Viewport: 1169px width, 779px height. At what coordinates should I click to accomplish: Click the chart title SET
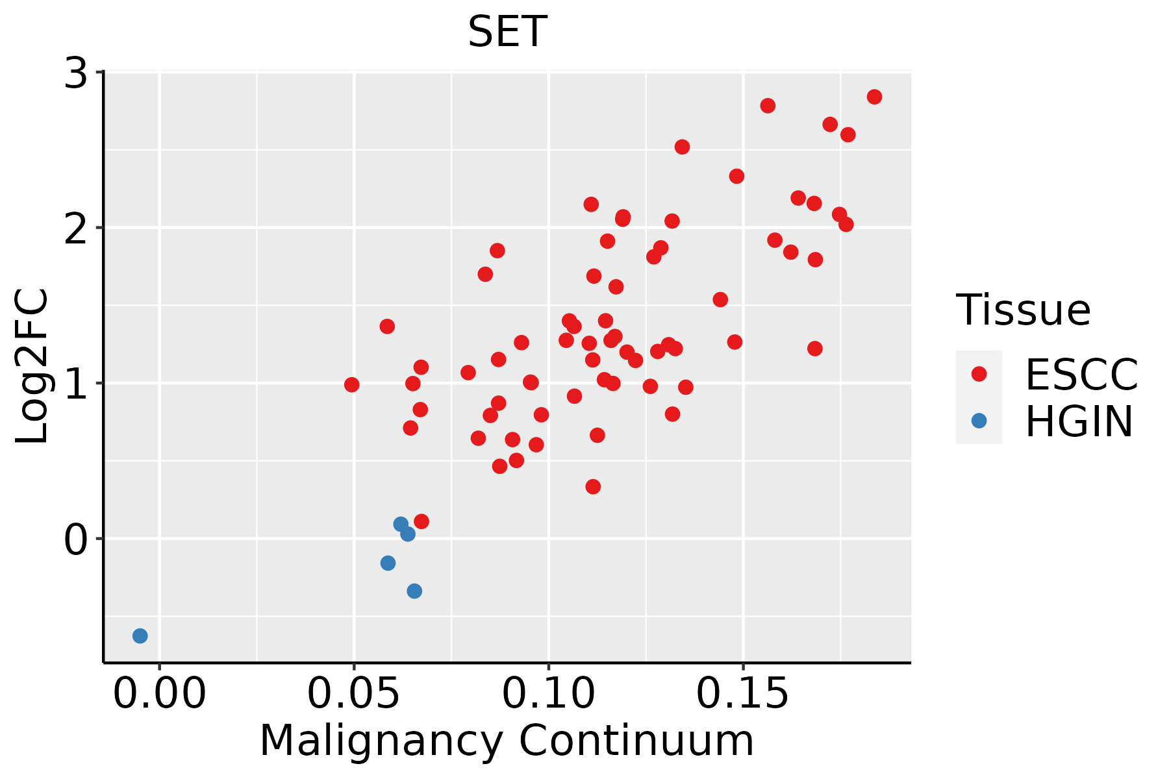(507, 32)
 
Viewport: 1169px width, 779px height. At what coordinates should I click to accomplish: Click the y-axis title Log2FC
(32, 367)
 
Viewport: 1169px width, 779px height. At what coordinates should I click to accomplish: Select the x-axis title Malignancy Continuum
(507, 741)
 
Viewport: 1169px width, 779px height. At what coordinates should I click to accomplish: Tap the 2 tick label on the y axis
(76, 228)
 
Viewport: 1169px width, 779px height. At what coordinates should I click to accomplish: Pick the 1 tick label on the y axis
(76, 383)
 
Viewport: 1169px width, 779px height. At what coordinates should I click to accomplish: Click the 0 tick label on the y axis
(76, 539)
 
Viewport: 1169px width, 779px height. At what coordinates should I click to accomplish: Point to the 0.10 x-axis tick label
(549, 694)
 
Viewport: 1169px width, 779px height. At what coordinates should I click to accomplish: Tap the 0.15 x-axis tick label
(743, 694)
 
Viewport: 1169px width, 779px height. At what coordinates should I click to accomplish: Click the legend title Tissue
(1024, 310)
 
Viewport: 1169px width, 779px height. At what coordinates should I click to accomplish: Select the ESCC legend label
(1081, 374)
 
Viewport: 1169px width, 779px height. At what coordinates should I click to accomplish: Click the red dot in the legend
(979, 374)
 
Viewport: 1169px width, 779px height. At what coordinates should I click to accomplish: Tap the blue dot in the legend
(979, 421)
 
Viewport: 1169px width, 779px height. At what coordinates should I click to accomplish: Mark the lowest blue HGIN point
(140, 636)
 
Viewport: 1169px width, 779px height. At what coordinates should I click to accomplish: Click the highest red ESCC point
(874, 97)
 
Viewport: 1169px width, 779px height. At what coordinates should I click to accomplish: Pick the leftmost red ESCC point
(351, 385)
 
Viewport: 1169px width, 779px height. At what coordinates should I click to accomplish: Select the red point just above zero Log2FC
(421, 521)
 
